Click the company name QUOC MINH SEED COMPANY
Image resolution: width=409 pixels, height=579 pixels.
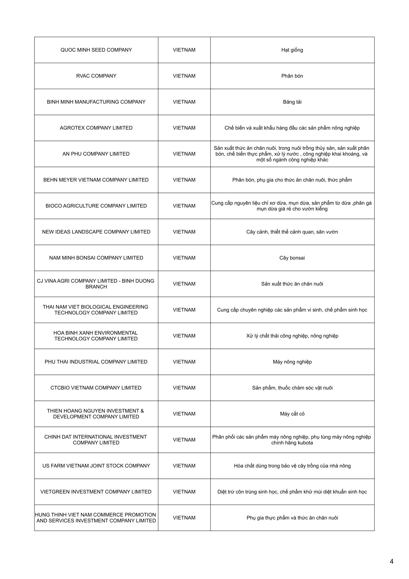coord(96,50)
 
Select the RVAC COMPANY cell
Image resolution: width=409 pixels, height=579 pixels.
coord(96,76)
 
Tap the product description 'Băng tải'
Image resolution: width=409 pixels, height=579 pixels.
coord(292,102)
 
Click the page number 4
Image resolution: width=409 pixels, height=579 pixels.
coord(391,561)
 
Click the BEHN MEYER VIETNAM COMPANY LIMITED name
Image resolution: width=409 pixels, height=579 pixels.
coord(96,180)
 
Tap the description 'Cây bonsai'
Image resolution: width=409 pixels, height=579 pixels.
coord(292,258)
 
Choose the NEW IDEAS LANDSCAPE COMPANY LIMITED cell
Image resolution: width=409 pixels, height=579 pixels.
coord(96,232)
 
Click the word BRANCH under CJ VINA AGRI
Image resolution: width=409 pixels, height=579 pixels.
coord(96,287)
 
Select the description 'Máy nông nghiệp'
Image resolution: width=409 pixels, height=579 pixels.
coord(292,362)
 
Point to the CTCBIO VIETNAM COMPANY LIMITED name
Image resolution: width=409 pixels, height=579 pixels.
coord(96,388)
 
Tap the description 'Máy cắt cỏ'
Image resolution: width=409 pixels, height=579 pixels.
coord(292,414)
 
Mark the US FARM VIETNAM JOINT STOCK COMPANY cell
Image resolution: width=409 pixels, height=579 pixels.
coord(96,466)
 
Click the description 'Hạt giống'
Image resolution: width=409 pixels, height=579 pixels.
coord(292,50)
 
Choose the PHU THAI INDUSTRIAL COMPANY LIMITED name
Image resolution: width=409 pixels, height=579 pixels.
coord(96,362)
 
